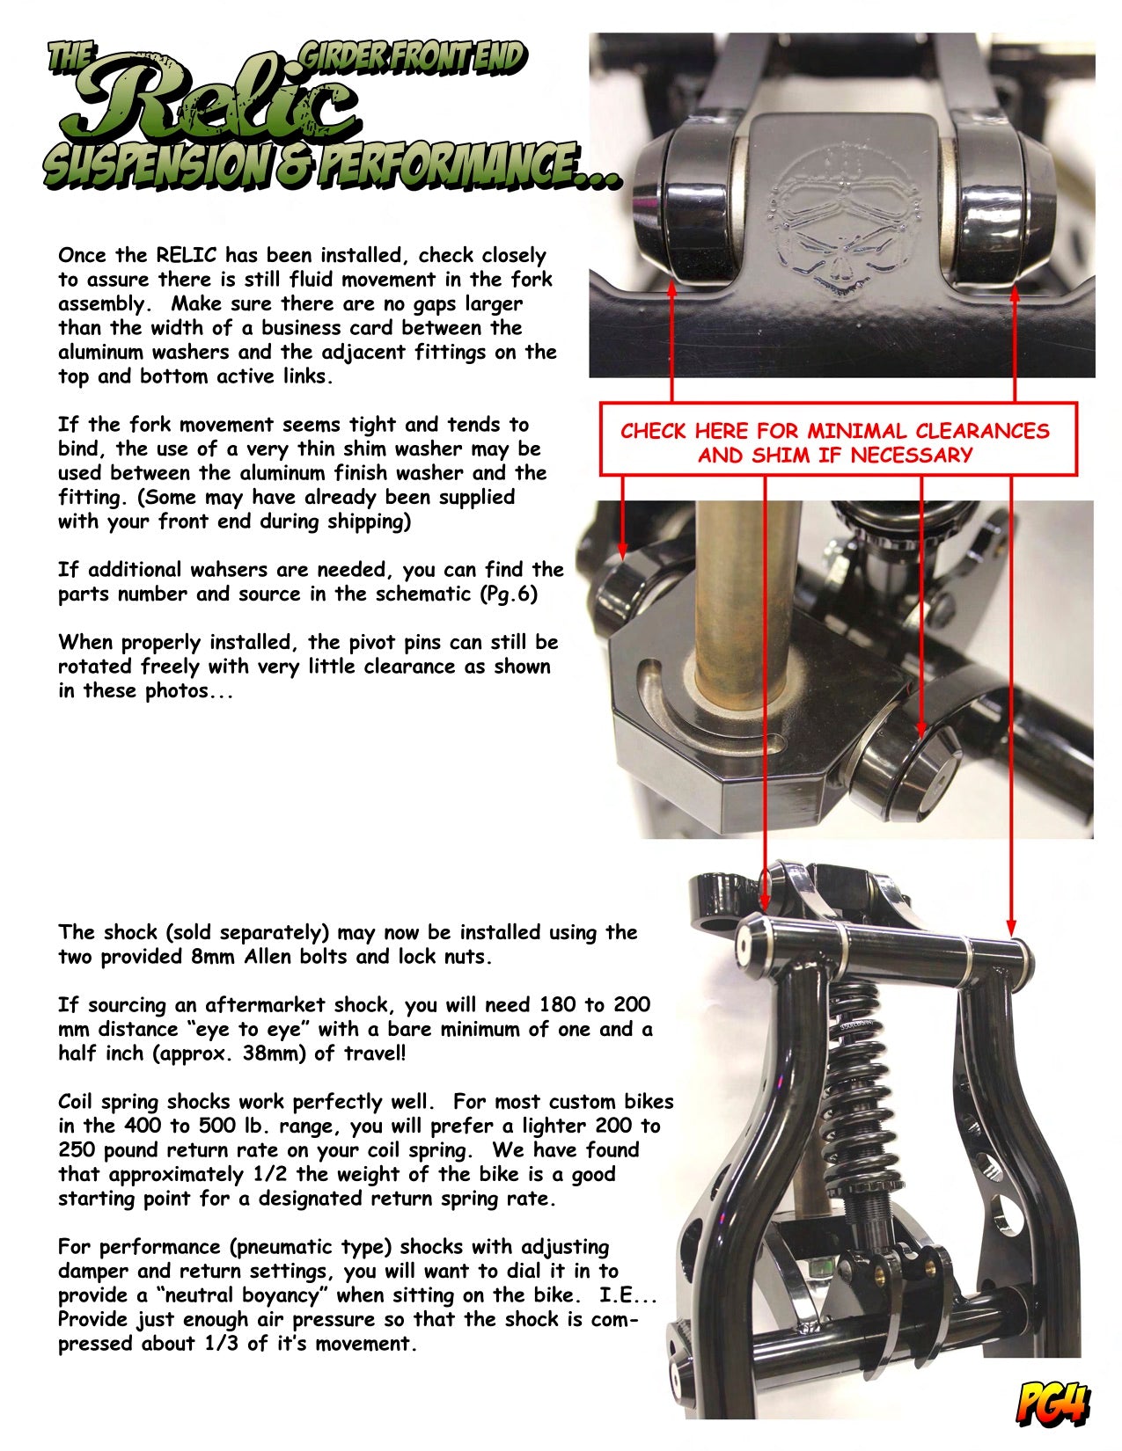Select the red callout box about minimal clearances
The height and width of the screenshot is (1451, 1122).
[838, 438]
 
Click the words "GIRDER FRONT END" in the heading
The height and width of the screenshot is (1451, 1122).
[413, 57]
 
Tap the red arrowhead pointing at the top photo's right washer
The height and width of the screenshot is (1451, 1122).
[1015, 292]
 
